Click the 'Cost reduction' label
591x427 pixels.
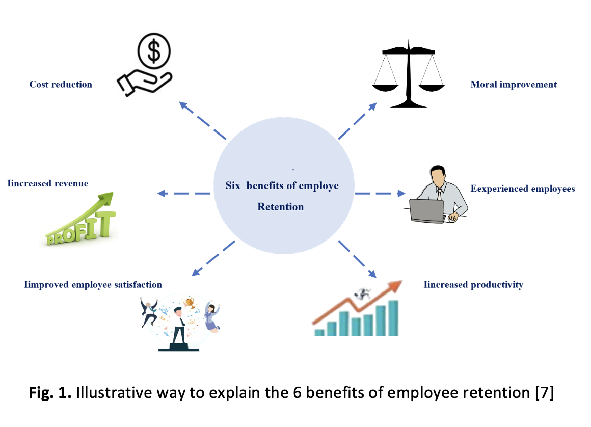[61, 84]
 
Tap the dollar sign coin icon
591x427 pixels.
[154, 51]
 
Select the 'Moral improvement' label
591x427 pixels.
[514, 84]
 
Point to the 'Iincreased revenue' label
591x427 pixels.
[48, 183]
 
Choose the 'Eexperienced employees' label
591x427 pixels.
[523, 188]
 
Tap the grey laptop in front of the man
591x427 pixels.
[426, 211]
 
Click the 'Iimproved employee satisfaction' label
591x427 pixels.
[93, 284]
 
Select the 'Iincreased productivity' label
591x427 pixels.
[473, 284]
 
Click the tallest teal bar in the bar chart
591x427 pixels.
[393, 318]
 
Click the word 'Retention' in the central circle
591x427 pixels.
[280, 206]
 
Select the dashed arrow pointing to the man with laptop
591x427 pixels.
[380, 193]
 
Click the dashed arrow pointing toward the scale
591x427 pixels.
[358, 121]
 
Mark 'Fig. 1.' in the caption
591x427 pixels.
[50, 393]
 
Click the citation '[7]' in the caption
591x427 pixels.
[545, 393]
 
